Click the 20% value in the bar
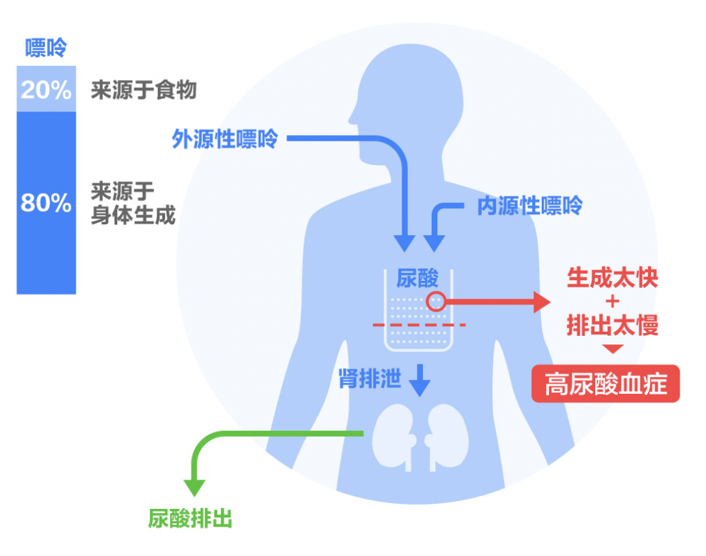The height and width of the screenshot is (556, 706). tap(46, 90)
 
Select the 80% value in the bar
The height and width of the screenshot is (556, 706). tap(46, 204)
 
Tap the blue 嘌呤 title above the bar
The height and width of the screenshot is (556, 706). tap(46, 49)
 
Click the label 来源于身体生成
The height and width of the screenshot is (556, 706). tap(133, 203)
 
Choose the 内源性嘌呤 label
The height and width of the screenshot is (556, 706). tap(529, 207)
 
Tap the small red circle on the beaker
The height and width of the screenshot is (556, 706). tap(436, 302)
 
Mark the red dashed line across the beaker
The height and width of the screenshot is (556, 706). tap(419, 326)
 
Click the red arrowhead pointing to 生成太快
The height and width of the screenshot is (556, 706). tap(545, 302)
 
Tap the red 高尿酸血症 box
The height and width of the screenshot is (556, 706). tap(605, 384)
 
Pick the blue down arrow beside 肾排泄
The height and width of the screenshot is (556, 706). tap(420, 382)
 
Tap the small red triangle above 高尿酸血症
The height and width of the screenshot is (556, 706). tap(612, 349)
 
